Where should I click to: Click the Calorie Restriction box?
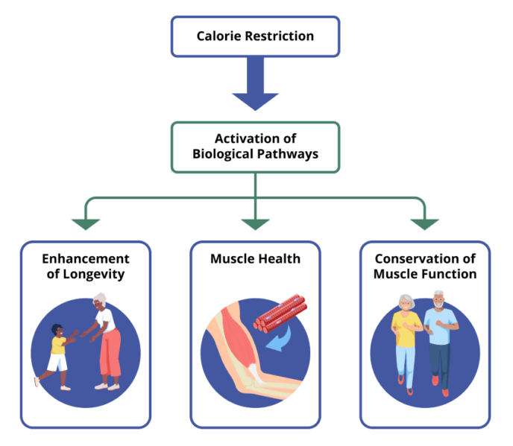[255, 36]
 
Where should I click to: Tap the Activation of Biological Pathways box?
[255, 147]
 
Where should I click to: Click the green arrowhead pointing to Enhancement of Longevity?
[85, 223]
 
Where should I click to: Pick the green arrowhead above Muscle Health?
[255, 223]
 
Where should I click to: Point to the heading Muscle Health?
[255, 259]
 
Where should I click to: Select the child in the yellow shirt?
[57, 354]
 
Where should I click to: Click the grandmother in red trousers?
[105, 343]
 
